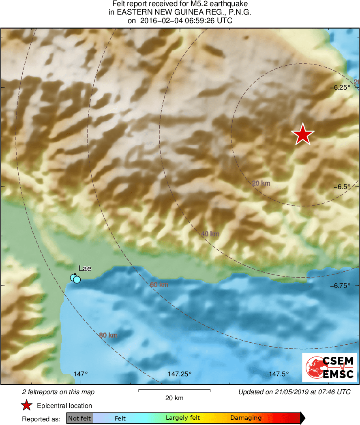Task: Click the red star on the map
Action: pos(302,134)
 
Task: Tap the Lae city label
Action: pos(85,268)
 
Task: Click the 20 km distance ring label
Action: pos(261,183)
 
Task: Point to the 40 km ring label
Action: pos(210,234)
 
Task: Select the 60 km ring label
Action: pos(159,285)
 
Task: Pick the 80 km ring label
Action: pos(108,335)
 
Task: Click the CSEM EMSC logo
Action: pos(329,367)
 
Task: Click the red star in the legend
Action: pos(27,406)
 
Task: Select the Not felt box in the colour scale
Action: pos(79,418)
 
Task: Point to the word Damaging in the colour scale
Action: pos(246,418)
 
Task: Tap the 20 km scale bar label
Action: pos(174,398)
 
